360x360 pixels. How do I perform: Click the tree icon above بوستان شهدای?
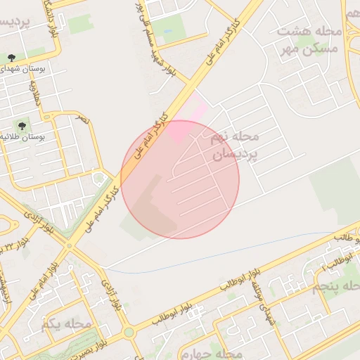(x=11, y=56)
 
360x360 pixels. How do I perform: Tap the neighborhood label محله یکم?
(x=66, y=324)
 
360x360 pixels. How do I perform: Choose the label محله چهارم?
(x=211, y=352)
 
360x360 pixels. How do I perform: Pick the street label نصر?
(x=84, y=120)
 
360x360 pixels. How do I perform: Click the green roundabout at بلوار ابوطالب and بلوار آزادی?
(x=128, y=331)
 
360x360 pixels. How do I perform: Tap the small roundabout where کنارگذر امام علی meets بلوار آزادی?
(x=70, y=245)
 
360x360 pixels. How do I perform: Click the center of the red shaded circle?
(x=180, y=179)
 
